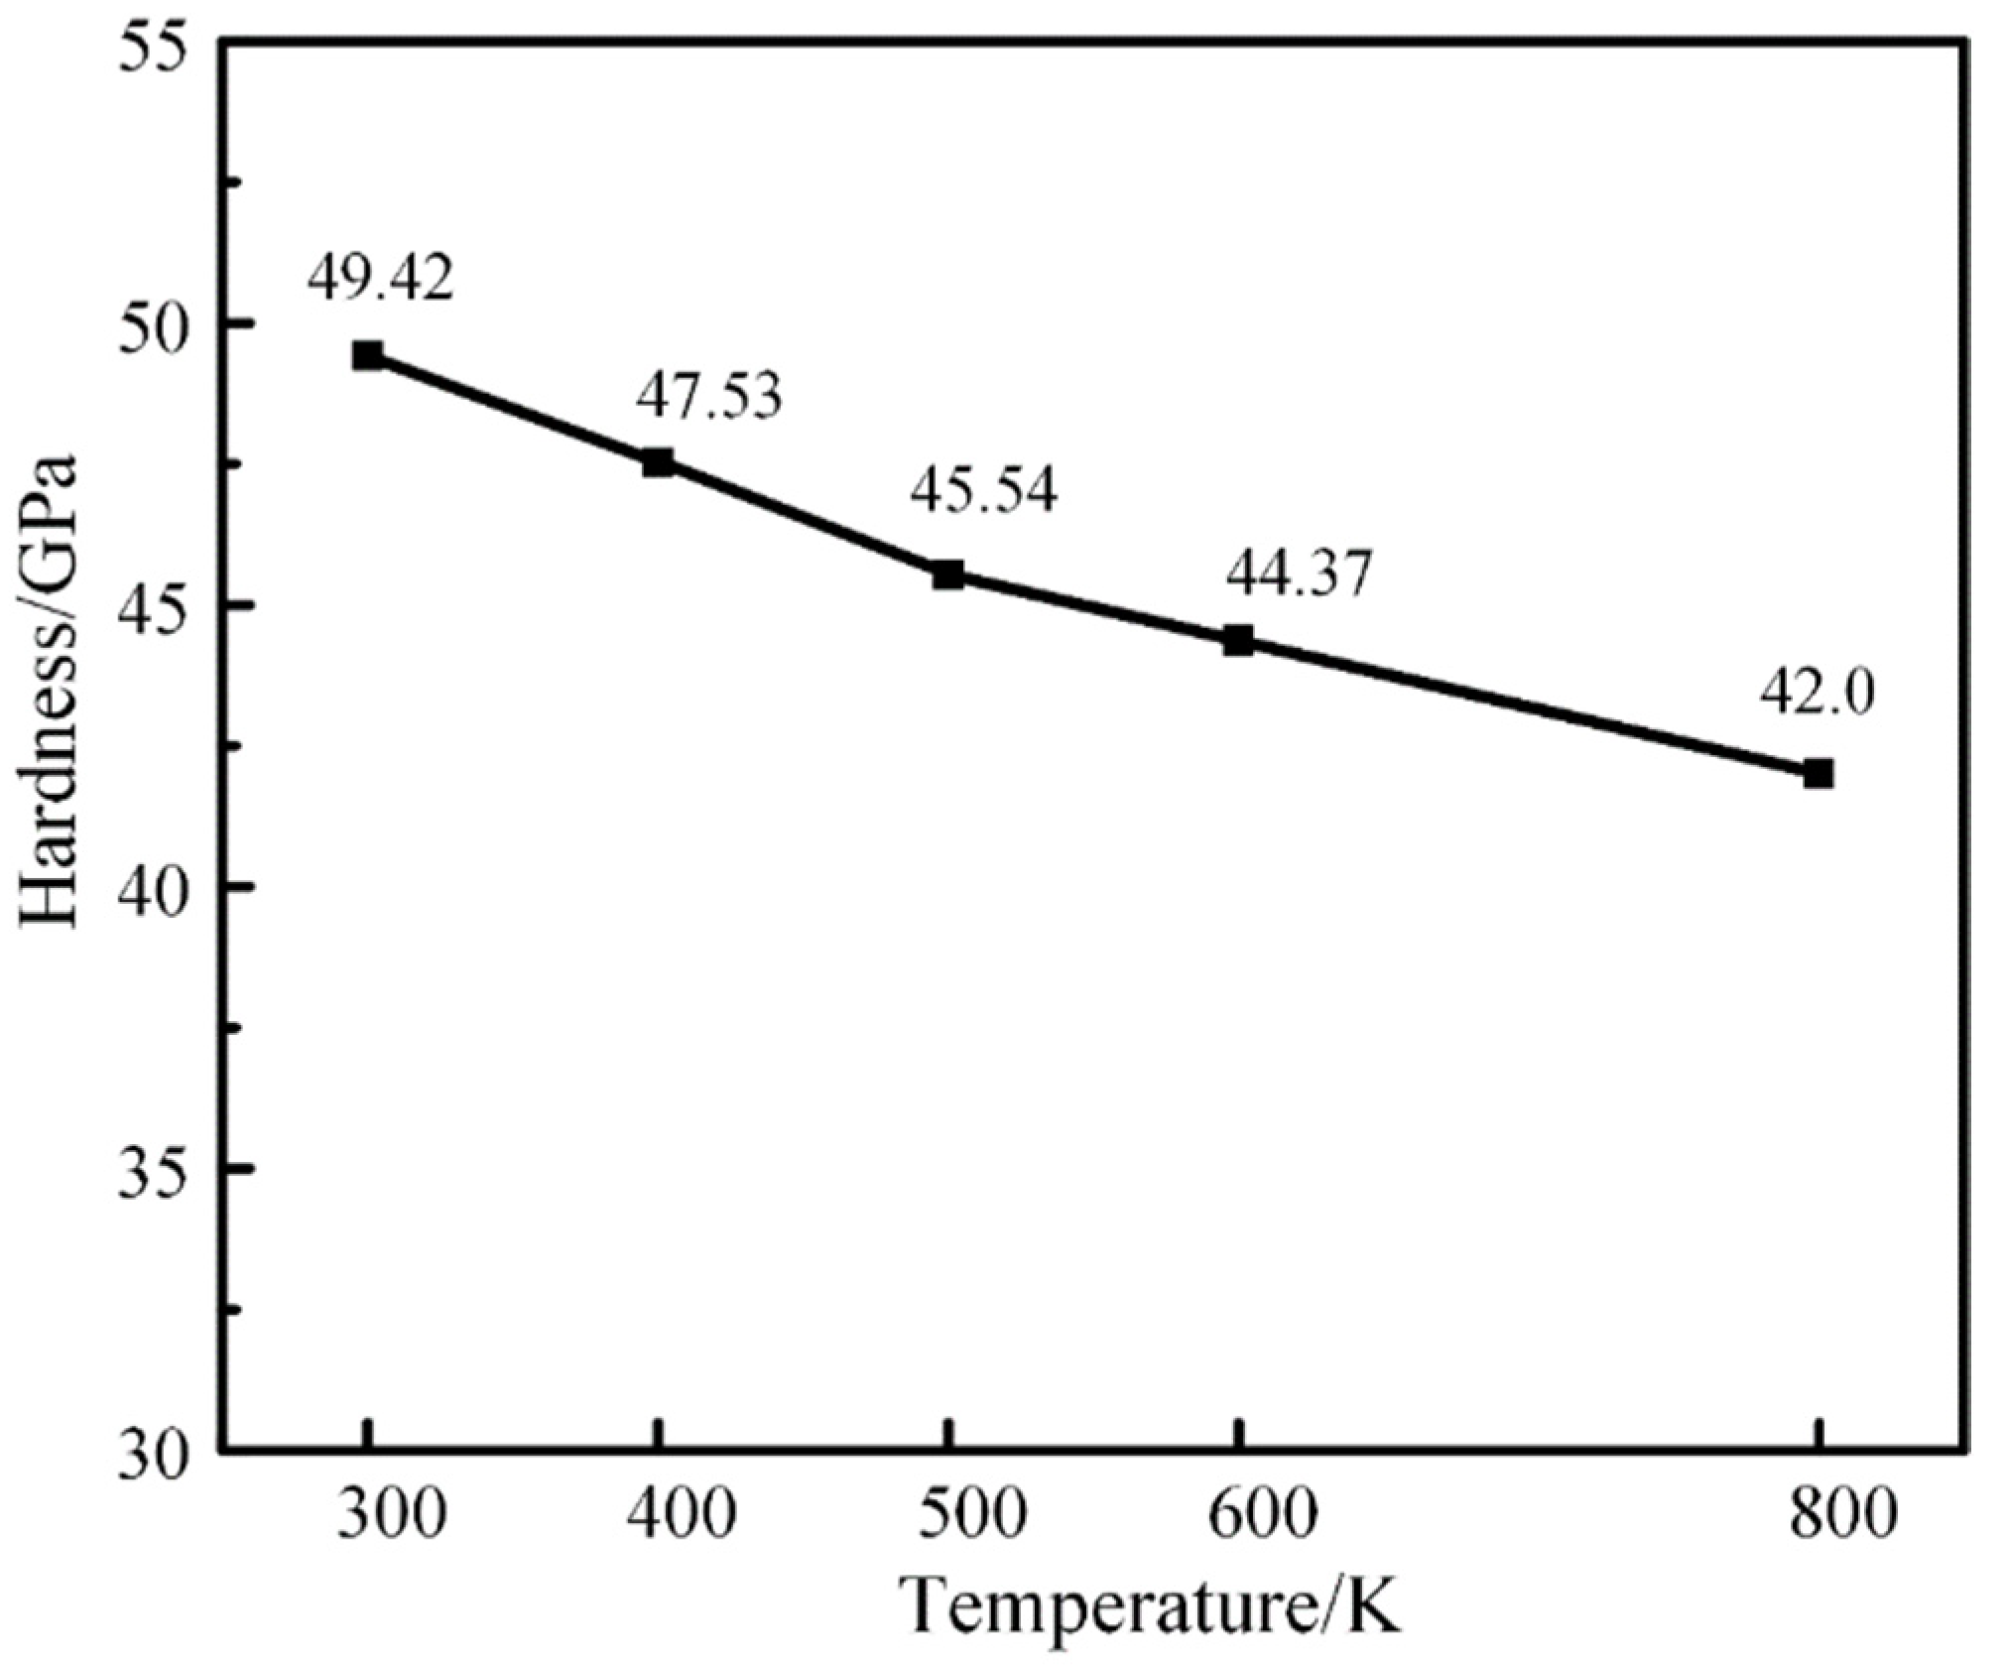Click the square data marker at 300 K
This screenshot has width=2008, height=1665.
368,355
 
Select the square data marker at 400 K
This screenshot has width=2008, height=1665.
658,462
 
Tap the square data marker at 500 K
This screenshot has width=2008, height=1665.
947,575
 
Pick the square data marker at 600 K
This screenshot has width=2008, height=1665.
1238,640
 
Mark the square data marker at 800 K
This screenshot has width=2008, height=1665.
1819,773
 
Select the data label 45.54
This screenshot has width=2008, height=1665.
984,491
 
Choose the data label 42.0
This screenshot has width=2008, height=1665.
1818,694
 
